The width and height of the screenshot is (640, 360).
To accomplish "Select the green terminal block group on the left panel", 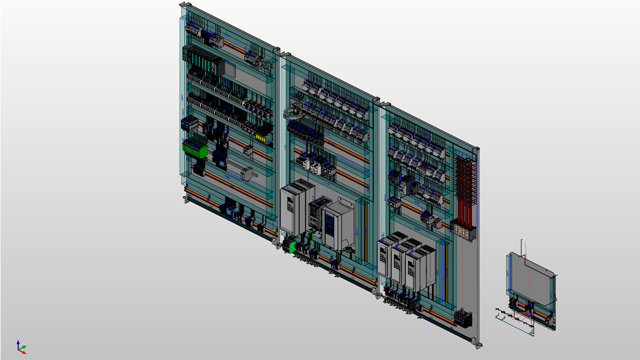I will click(194, 148).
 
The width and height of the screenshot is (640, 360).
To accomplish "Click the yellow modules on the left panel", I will click(261, 136).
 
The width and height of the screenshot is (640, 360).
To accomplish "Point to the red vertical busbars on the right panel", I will click(464, 190).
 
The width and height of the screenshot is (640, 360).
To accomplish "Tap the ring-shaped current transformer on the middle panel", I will click(293, 114).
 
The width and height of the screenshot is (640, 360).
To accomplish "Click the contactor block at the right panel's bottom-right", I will click(463, 317).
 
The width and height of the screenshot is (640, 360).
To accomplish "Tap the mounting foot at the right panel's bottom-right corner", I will click(477, 344).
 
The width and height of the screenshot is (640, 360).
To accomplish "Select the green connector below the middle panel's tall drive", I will click(290, 245).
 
